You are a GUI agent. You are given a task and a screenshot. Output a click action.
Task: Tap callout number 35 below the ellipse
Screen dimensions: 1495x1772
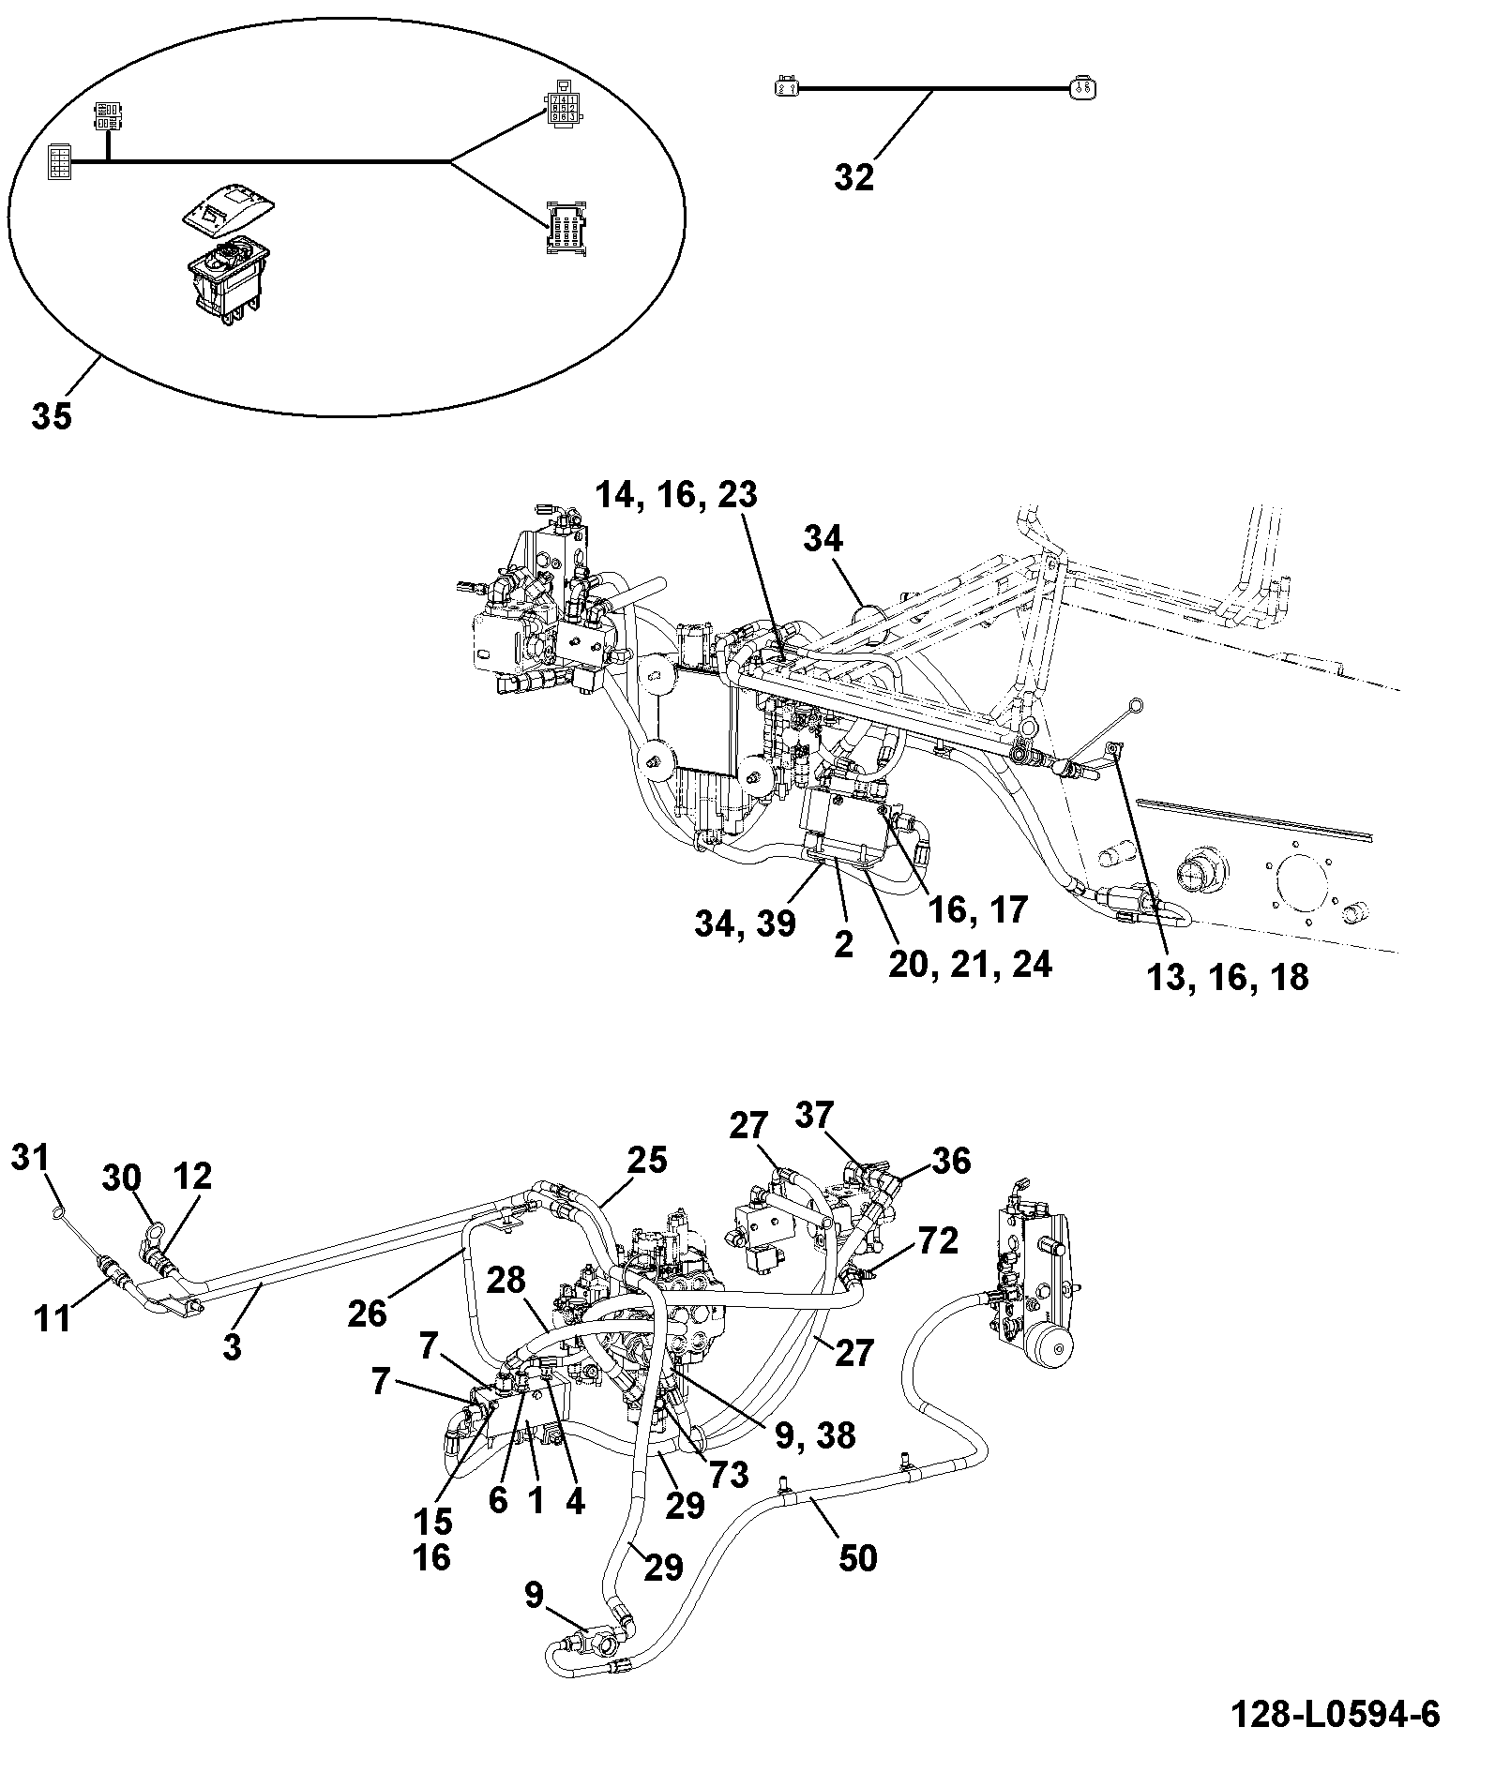click(52, 414)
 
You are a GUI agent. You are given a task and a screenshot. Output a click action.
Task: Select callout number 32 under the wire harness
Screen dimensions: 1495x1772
click(853, 176)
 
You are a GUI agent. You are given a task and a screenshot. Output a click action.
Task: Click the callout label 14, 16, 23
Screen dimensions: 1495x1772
click(677, 494)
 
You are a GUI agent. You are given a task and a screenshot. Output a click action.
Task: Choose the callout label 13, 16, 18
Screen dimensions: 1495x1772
click(1228, 976)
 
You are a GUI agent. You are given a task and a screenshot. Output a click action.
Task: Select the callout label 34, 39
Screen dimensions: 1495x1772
click(746, 924)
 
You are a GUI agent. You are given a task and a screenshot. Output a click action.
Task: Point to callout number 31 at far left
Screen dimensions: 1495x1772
click(31, 1156)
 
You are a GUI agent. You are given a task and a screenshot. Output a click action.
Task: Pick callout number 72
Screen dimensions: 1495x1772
click(939, 1240)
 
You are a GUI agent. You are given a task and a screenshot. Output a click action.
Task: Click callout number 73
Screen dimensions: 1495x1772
click(730, 1475)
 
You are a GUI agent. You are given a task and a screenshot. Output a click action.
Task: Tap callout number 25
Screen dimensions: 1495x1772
click(647, 1160)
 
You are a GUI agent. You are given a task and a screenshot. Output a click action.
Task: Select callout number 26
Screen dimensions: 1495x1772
click(367, 1314)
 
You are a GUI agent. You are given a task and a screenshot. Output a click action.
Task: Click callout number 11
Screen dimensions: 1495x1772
click(52, 1319)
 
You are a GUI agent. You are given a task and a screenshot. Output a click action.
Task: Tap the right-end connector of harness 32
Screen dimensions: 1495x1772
click(1082, 89)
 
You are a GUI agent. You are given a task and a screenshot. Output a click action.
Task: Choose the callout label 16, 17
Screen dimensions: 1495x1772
click(977, 909)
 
